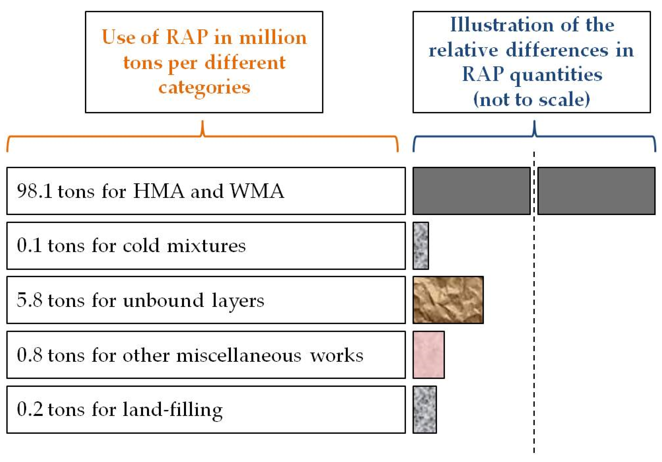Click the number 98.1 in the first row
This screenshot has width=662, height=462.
coord(35,191)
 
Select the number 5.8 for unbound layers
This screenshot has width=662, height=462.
coord(29,300)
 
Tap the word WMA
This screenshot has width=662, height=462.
coord(257,191)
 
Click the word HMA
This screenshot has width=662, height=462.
coord(159,191)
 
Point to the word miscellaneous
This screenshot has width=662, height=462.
coord(239,355)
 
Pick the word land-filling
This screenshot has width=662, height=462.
coord(173,410)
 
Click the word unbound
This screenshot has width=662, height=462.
coord(163,300)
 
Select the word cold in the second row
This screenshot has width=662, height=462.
coord(141,246)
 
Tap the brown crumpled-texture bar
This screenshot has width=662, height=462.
coord(448,300)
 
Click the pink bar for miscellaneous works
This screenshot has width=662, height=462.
coord(429,355)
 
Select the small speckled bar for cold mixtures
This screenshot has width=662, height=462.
coord(421,246)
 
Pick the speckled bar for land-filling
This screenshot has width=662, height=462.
coord(425,410)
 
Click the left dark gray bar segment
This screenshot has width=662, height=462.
coord(472,191)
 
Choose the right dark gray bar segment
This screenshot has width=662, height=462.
coord(597,191)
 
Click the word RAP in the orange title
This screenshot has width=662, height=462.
coord(187,37)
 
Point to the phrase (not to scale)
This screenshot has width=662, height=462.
coord(532,100)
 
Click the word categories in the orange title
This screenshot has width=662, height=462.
coord(204,88)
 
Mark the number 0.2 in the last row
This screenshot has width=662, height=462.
coord(29,409)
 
